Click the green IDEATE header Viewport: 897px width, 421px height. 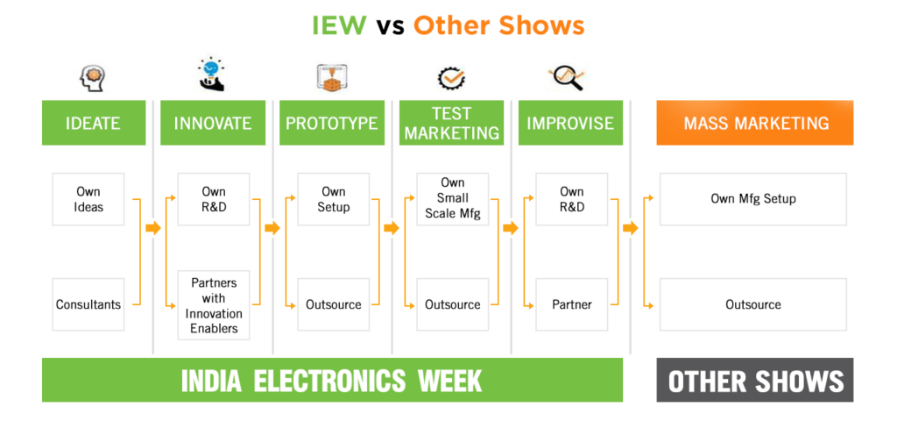click(93, 124)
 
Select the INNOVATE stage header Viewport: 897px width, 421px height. click(213, 124)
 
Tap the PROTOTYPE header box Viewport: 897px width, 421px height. click(332, 124)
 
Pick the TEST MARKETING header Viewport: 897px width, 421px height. click(451, 124)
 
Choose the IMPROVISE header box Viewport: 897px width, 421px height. click(570, 124)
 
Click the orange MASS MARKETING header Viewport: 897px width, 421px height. click(755, 124)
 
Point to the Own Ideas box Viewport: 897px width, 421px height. click(88, 199)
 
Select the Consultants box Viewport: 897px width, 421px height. click(88, 304)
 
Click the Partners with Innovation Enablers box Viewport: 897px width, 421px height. click(214, 305)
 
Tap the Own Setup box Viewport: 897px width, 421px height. click(334, 199)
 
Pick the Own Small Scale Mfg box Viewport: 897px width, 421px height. click(453, 198)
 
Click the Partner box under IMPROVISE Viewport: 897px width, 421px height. click(572, 304)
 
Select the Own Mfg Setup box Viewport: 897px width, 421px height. click(753, 199)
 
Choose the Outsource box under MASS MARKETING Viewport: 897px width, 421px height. click(753, 304)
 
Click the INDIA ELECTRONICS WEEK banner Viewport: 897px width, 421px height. click(332, 381)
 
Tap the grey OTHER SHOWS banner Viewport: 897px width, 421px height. click(755, 381)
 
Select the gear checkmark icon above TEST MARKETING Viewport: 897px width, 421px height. click(451, 79)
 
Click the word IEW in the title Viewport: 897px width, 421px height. click(339, 25)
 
